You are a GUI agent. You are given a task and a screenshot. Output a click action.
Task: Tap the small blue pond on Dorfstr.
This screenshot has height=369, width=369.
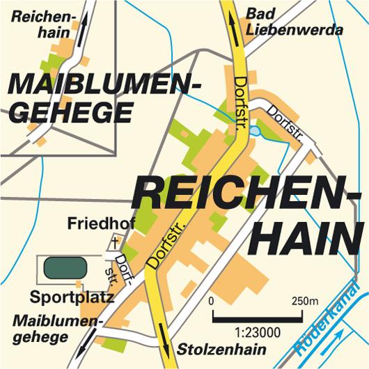[255, 130]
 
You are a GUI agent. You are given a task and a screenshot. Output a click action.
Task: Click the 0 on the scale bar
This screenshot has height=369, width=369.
[210, 302]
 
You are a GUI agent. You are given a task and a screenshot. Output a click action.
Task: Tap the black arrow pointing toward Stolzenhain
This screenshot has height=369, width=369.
[167, 343]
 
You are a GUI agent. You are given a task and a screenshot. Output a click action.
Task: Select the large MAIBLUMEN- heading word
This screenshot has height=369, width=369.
[102, 86]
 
